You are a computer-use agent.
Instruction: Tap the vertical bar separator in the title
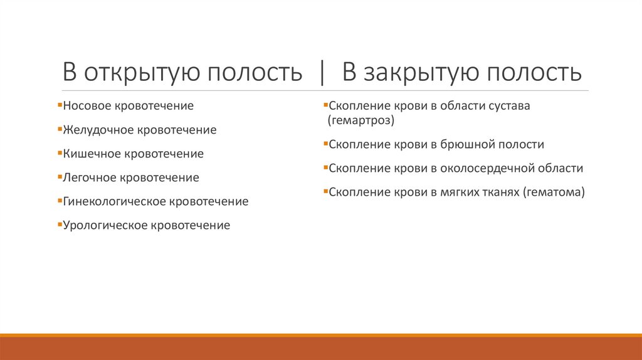322,73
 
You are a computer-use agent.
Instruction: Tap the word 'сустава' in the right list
508,106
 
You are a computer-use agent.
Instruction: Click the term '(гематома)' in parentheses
553,193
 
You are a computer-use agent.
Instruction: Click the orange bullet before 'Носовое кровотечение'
59,105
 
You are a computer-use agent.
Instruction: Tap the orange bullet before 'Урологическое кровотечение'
59,225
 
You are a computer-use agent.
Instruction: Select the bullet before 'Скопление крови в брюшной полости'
325,144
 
